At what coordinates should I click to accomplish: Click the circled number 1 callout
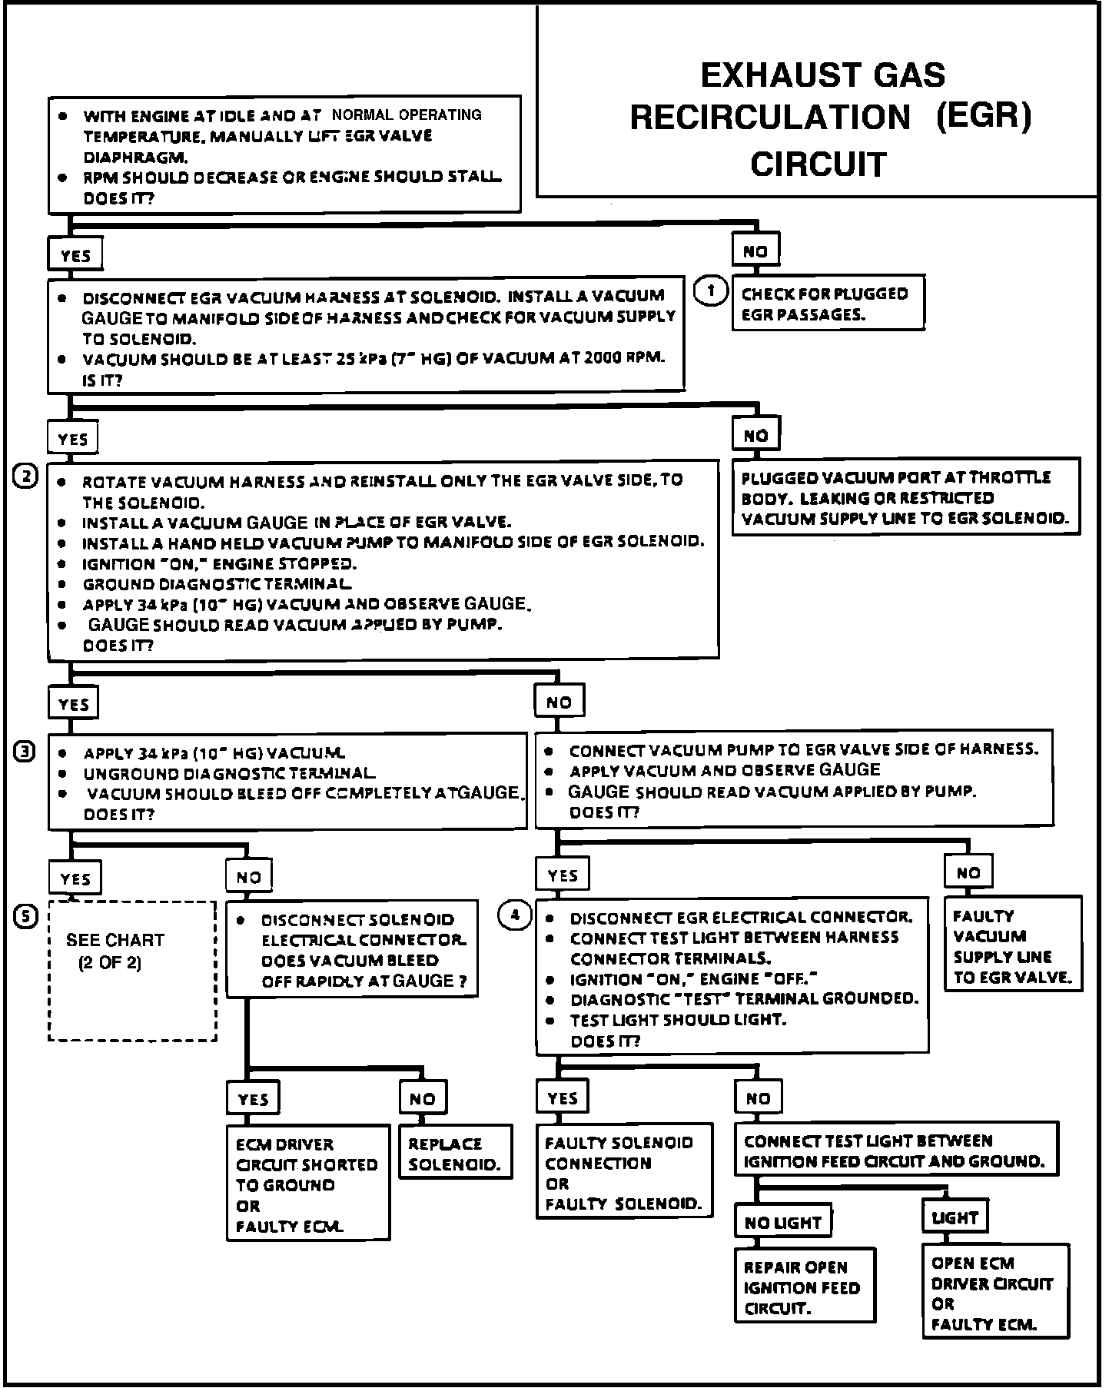click(711, 291)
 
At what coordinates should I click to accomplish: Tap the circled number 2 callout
click(25, 477)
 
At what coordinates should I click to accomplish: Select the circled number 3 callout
click(25, 752)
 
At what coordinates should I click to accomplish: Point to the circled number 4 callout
click(515, 915)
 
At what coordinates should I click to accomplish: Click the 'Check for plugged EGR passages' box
click(828, 303)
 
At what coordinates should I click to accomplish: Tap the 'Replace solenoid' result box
click(455, 1154)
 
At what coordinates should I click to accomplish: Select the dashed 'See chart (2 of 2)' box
click(132, 971)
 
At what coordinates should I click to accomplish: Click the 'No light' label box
click(783, 1222)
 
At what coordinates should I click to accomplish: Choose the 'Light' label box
click(955, 1217)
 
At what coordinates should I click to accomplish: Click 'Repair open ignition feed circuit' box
click(805, 1288)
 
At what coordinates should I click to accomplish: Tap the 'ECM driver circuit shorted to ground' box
click(308, 1184)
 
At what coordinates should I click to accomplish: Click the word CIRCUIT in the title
click(818, 164)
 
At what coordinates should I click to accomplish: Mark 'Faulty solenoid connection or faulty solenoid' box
click(623, 1173)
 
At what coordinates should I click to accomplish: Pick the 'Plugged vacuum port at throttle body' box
click(905, 497)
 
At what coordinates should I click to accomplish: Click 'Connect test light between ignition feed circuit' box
click(895, 1151)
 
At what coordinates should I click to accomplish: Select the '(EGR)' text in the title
click(983, 117)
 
